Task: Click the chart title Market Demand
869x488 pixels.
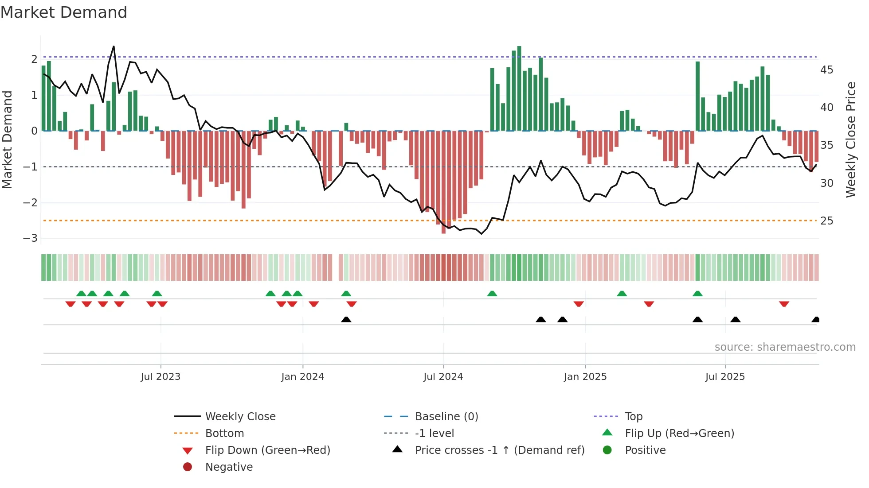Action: click(x=64, y=12)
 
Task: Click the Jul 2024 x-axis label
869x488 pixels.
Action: click(x=443, y=376)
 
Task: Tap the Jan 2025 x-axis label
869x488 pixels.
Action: click(x=585, y=376)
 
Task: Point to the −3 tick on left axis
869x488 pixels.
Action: click(x=30, y=238)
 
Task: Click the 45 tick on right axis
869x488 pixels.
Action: click(x=826, y=70)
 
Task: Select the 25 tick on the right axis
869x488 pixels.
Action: click(x=826, y=221)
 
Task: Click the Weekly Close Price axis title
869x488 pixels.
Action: click(x=850, y=139)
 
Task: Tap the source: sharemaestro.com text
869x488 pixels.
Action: click(x=785, y=347)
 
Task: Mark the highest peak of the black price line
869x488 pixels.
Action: click(x=114, y=46)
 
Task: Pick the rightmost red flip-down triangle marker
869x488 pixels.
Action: click(x=784, y=304)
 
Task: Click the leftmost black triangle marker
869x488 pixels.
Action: click(x=346, y=319)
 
